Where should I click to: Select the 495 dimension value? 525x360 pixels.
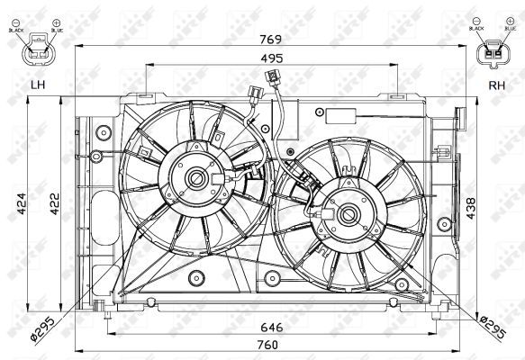tap(271, 58)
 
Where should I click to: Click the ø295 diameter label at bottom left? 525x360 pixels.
tap(43, 326)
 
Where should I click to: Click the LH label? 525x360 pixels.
tap(37, 85)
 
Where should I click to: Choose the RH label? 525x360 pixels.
tap(494, 85)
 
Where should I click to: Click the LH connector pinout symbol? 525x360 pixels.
tap(39, 50)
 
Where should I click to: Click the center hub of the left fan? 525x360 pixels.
tap(195, 179)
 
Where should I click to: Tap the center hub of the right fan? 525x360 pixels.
tap(347, 213)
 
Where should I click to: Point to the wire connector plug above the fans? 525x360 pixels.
tap(253, 90)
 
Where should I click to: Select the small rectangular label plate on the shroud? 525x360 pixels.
tap(345, 115)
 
